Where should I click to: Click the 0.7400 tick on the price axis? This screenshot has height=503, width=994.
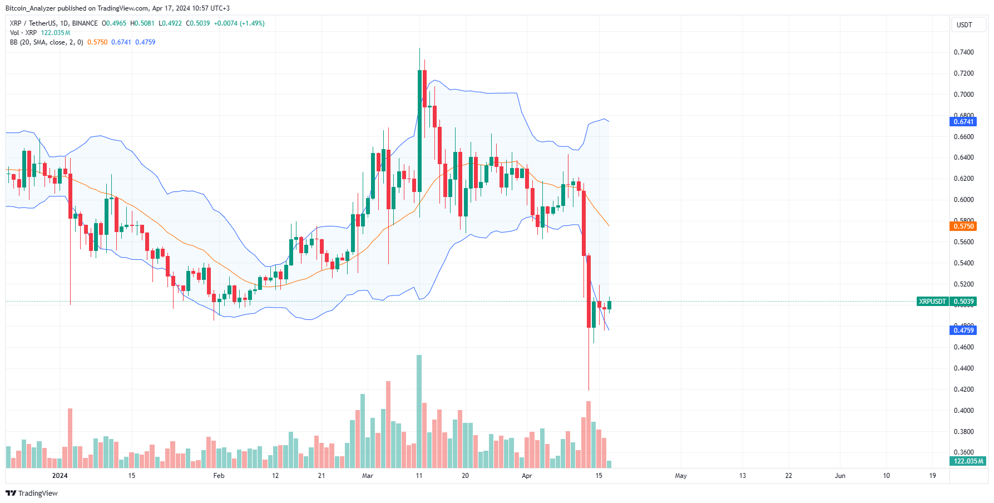(x=964, y=52)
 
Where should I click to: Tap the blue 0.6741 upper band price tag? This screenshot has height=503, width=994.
(x=964, y=122)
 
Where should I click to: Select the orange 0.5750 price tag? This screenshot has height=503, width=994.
(x=964, y=226)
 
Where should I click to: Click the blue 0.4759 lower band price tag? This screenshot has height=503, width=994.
(x=964, y=331)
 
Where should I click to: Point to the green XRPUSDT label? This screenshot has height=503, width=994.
(x=932, y=302)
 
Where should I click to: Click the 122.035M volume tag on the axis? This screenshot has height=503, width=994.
(x=968, y=461)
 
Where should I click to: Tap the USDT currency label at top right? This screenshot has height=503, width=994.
(x=964, y=25)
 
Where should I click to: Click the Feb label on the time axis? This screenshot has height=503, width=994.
(x=219, y=476)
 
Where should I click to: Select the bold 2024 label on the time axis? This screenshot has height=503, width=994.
(x=60, y=476)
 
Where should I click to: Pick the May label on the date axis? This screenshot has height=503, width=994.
(x=681, y=476)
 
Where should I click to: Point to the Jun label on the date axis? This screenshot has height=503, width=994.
(x=840, y=476)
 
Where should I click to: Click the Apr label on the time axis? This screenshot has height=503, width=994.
(x=527, y=476)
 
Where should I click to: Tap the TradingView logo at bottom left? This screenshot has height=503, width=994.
(x=32, y=494)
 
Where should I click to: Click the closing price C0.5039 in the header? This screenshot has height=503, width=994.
(x=198, y=23)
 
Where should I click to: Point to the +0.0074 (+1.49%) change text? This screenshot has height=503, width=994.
(x=239, y=23)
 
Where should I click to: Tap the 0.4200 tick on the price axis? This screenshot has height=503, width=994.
(x=964, y=389)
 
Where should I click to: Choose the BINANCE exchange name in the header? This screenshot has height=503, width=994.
(x=85, y=23)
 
